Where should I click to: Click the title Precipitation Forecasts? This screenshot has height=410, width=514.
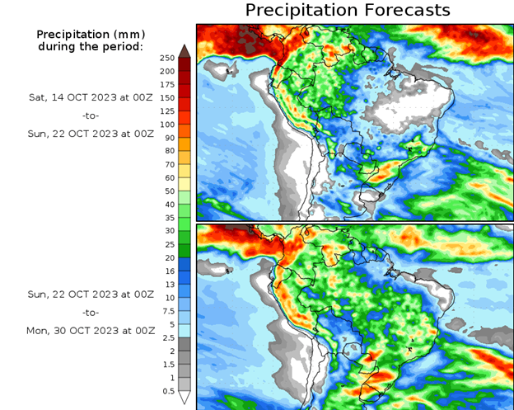click(348, 10)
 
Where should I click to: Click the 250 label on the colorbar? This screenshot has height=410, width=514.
click(167, 58)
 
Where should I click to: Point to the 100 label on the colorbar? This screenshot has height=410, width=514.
click(167, 125)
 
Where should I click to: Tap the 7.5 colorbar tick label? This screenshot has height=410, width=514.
click(167, 311)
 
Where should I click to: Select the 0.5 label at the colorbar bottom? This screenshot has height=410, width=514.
click(167, 391)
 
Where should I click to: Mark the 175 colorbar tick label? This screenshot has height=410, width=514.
click(167, 84)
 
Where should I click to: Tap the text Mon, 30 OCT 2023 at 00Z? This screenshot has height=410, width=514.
click(91, 330)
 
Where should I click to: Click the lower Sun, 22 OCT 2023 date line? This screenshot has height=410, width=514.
click(91, 294)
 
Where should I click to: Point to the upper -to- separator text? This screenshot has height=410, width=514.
click(91, 115)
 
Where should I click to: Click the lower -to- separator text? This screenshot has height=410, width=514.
click(91, 313)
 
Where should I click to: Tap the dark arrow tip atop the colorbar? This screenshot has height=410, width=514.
click(185, 50)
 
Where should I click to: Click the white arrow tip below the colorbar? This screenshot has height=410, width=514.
click(185, 398)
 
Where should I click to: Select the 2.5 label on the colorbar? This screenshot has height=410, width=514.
click(167, 337)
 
